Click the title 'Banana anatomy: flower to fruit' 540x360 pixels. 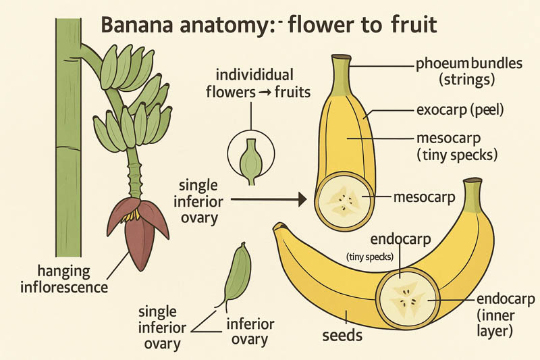269,26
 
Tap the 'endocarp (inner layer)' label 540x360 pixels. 506,315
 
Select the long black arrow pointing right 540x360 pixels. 270,199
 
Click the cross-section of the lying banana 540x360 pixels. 406,298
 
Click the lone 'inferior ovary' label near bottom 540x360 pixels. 250,331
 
